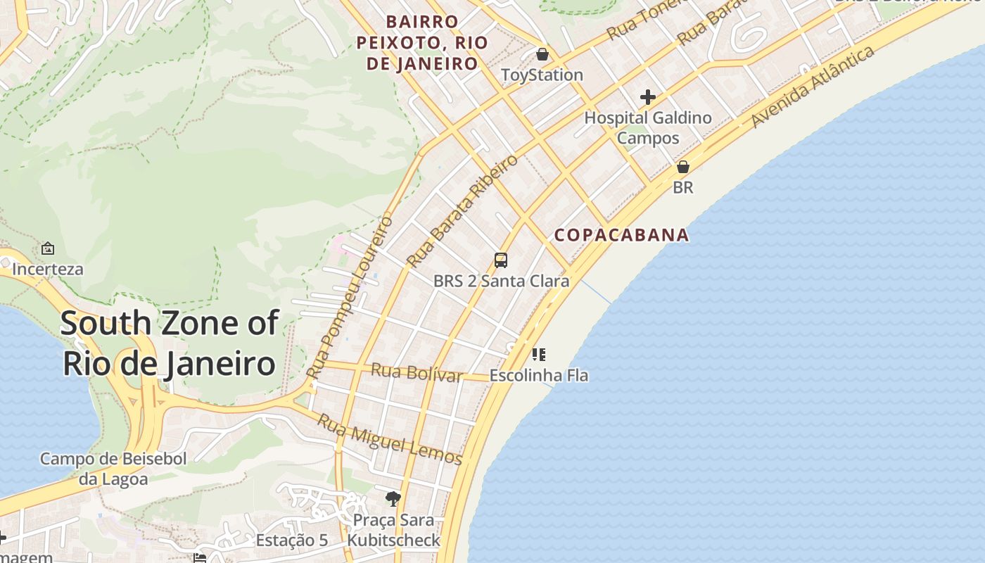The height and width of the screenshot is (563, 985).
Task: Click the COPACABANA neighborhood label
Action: [x=621, y=235]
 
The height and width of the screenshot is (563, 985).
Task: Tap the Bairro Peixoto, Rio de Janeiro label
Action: [x=422, y=42]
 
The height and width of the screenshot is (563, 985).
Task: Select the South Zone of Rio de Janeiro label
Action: [x=169, y=343]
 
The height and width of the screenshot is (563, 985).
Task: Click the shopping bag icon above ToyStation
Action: [x=542, y=54]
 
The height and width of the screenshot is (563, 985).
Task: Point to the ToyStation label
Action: [x=542, y=75]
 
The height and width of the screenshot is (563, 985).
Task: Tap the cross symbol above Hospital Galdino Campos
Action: [x=648, y=97]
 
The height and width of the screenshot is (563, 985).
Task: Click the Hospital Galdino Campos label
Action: [x=648, y=127]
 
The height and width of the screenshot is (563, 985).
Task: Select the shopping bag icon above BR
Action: [x=682, y=167]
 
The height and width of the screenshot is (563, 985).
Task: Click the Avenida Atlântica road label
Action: [x=813, y=87]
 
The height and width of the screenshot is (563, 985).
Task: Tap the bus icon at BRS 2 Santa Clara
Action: [x=501, y=260]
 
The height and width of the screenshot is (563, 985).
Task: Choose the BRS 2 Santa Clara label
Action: [x=501, y=281]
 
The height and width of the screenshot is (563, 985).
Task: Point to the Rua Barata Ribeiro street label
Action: [x=462, y=210]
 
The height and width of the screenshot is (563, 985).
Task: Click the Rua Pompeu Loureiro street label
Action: [x=350, y=298]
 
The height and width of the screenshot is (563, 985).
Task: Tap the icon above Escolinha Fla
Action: [x=539, y=355]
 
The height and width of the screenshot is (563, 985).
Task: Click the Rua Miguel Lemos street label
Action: [x=389, y=440]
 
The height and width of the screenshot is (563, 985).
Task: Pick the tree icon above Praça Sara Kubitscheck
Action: [x=393, y=499]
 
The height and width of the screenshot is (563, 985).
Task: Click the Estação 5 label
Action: [x=291, y=540]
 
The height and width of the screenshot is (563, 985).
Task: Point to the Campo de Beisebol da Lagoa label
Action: [x=113, y=469]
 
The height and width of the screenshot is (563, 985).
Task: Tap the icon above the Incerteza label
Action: [x=48, y=248]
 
